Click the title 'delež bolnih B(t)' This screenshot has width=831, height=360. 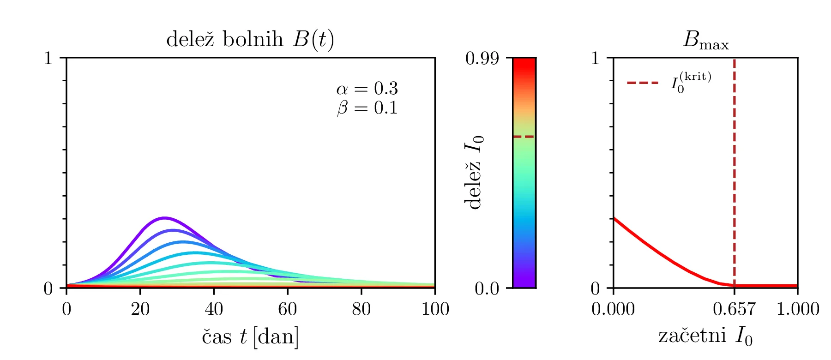(250, 40)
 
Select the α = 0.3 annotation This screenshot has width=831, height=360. (367, 88)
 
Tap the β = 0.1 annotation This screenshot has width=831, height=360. (367, 108)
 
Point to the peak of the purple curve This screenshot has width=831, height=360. (164, 217)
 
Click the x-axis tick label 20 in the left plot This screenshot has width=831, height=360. (140, 309)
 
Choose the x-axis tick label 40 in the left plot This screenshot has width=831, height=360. (214, 309)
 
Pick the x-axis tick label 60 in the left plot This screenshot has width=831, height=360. (287, 309)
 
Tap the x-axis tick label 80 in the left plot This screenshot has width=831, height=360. (361, 309)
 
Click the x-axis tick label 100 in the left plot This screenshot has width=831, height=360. (435, 309)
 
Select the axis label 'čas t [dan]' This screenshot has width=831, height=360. (250, 336)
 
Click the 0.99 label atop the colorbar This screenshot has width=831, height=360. (482, 59)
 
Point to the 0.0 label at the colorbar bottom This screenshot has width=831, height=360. (487, 288)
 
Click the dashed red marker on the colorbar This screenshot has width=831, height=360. (524, 137)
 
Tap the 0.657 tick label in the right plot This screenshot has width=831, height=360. (734, 309)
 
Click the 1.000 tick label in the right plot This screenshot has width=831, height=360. (797, 309)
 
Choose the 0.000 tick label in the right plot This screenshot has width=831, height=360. (613, 309)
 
